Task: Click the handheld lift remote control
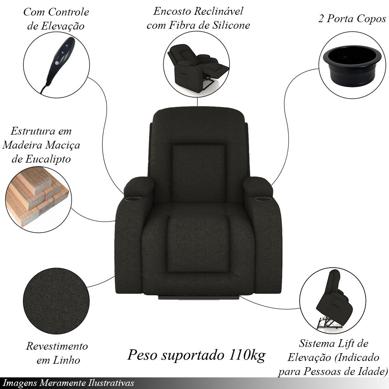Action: pyautogui.click(x=58, y=63)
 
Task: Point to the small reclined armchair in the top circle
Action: pyautogui.click(x=197, y=67)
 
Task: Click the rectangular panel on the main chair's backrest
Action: pyautogui.click(x=198, y=173)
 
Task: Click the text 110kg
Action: pyautogui.click(x=247, y=355)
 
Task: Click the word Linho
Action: pyautogui.click(x=67, y=360)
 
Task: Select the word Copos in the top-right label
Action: pyautogui.click(x=371, y=19)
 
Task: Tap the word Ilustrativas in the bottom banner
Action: pyautogui.click(x=111, y=383)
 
